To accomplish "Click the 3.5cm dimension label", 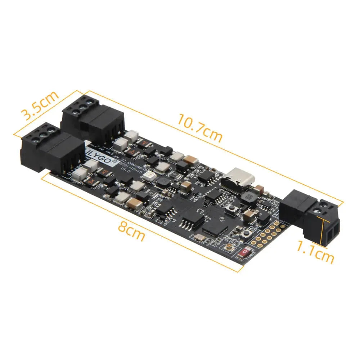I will pyautogui.click(x=40, y=105).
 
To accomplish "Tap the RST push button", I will pyautogui.click(x=246, y=234).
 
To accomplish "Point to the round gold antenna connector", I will pyautogui.click(x=228, y=247).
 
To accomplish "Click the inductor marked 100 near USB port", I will pyautogui.click(x=248, y=196).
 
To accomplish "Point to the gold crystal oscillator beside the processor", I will pyautogui.click(x=199, y=237).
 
